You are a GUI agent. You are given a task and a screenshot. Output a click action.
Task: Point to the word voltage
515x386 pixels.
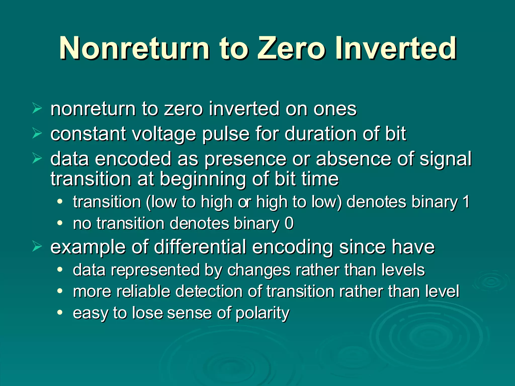pyautogui.click(x=164, y=134)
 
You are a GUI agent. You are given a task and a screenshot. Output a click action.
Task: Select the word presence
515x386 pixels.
pyautogui.click(x=245, y=159)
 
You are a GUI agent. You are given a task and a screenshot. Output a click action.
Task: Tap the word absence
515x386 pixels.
pyautogui.click(x=354, y=159)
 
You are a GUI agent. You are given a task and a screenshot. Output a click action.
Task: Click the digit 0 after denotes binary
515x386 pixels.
pyautogui.click(x=289, y=223)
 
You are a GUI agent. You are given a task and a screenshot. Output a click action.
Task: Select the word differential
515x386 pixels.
pyautogui.click(x=200, y=247)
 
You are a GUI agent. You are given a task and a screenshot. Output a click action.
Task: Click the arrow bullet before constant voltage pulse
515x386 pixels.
pyautogui.click(x=37, y=133)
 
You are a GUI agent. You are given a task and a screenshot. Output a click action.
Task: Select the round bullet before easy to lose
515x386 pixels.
pyautogui.click(x=60, y=313)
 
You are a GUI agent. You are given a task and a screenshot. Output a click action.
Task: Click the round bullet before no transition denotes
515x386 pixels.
pyautogui.click(x=60, y=223)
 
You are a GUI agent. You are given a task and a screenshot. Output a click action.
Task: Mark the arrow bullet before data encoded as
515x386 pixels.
pyautogui.click(x=37, y=159)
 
